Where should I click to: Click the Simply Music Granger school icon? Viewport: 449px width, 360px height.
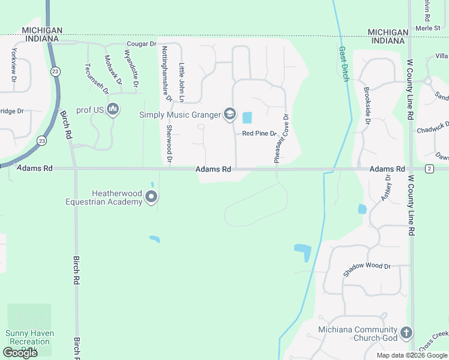[229, 114]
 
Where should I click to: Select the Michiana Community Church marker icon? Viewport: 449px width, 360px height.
[406, 333]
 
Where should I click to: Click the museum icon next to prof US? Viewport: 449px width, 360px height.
[112, 109]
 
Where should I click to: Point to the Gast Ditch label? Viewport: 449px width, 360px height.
[343, 64]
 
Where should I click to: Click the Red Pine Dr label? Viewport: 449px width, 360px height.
[259, 133]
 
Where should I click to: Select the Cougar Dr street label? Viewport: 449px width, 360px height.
[141, 44]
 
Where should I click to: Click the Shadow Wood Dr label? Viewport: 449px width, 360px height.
[367, 270]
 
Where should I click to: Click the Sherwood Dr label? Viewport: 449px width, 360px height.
[170, 145]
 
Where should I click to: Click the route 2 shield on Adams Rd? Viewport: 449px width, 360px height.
[429, 169]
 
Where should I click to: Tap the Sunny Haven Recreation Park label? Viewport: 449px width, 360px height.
[29, 337]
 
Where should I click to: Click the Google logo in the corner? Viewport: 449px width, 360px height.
[20, 353]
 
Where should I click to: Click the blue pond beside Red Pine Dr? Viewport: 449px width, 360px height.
[247, 118]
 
